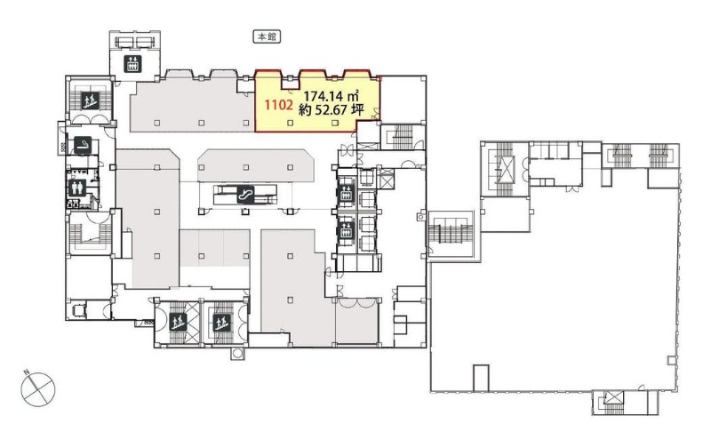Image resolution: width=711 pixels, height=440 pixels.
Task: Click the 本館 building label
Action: point(267,36)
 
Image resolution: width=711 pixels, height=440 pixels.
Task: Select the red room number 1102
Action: point(278,105)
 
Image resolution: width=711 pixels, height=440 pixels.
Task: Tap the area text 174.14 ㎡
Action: point(332,96)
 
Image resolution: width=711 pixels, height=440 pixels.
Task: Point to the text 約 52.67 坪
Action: point(331,110)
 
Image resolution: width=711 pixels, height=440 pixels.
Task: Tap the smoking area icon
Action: point(84,144)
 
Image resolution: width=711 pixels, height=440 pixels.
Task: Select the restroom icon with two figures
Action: point(76,187)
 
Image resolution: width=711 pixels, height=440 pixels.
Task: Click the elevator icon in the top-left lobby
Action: point(132,63)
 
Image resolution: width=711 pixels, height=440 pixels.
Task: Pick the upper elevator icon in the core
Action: point(347,193)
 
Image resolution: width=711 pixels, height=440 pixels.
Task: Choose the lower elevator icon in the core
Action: point(347,230)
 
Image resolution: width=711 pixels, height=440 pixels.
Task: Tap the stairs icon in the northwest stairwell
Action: point(90,100)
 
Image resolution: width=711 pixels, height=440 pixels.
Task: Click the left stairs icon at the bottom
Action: point(176,323)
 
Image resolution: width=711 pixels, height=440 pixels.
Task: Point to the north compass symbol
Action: point(38,389)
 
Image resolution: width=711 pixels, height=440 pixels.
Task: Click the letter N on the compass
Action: point(28,373)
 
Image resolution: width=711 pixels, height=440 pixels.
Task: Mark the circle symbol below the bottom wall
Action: point(237,354)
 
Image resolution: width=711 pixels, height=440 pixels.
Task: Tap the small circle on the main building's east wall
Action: point(420,217)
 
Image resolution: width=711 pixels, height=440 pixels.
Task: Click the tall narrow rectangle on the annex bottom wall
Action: point(481,378)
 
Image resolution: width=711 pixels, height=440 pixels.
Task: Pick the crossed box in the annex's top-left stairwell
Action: point(504,169)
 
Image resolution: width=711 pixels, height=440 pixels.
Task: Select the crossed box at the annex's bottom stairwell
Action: point(614,399)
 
